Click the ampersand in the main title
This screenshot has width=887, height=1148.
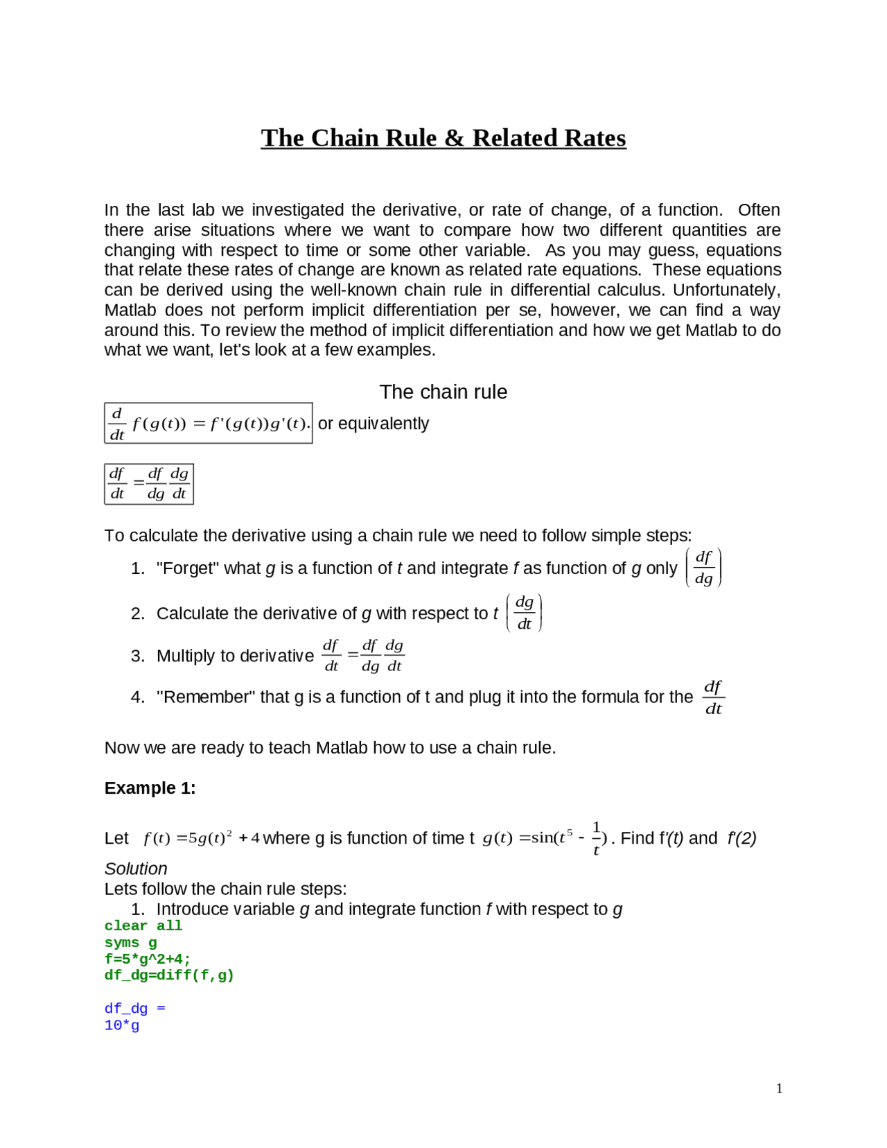[454, 138]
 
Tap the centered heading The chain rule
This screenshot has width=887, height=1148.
[443, 392]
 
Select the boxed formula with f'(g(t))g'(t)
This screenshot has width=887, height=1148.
[208, 423]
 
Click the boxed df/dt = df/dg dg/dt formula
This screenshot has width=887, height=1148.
[149, 483]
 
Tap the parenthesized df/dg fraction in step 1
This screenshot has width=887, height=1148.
[703, 568]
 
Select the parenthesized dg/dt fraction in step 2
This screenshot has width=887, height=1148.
[525, 613]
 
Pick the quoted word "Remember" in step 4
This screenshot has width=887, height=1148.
[206, 697]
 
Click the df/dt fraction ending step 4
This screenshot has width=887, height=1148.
[713, 697]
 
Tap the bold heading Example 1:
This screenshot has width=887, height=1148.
[150, 788]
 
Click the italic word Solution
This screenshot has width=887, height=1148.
[136, 869]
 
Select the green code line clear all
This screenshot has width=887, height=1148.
[143, 926]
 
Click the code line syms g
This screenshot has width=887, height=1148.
[131, 943]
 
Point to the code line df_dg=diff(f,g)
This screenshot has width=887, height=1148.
[169, 975]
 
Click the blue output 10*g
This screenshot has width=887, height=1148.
[122, 1025]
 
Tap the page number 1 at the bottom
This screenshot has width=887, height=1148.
[779, 1088]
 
